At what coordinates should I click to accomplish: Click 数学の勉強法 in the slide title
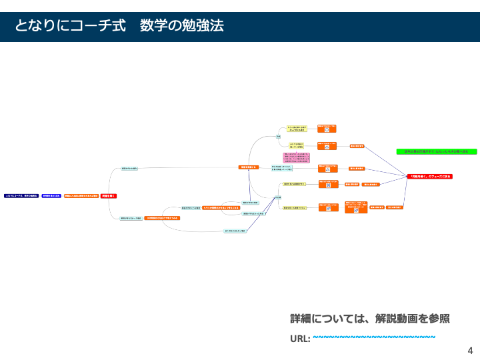pos(182,26)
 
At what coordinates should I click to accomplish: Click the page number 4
pos(470,350)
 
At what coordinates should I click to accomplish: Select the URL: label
pos(300,338)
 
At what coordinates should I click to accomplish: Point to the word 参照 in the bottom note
pos(437,319)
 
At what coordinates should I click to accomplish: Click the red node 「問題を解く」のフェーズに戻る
pos(430,176)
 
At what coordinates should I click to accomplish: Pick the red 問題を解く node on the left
pos(109,196)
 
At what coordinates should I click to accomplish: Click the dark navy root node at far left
pos(21,196)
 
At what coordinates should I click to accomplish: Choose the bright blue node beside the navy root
pos(51,196)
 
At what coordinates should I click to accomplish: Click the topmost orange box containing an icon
pos(327,127)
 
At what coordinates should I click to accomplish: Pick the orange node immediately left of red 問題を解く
pos(81,196)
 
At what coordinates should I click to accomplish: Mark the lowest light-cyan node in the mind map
pos(235,231)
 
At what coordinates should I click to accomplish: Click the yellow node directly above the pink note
pos(297,145)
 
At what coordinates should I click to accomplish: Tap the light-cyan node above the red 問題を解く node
pos(129,169)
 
